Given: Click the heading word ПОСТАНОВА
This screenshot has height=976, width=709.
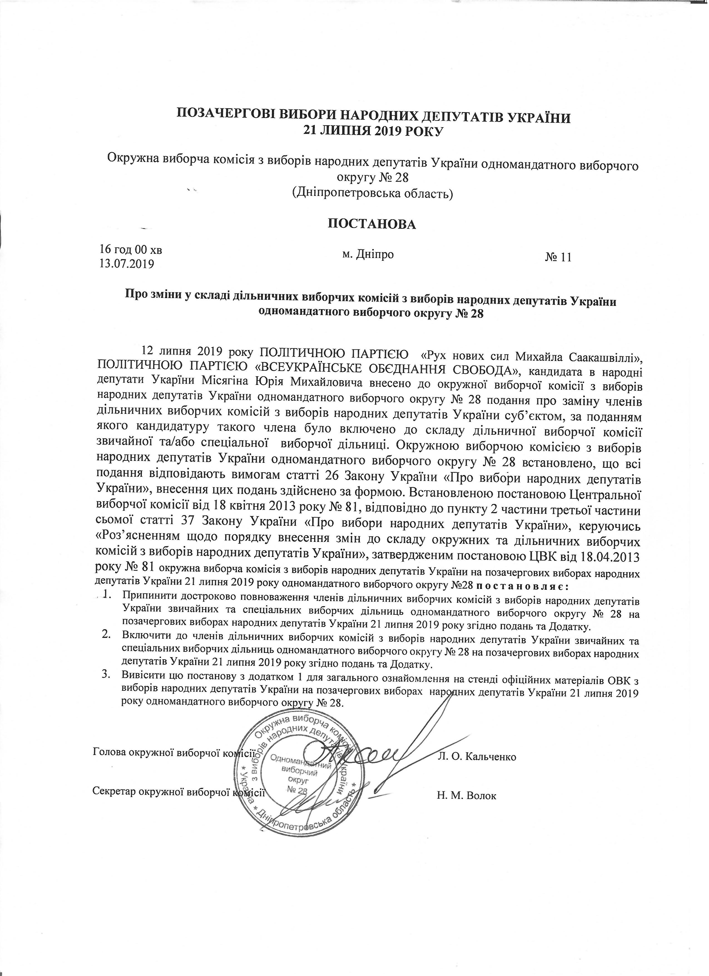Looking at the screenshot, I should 372,224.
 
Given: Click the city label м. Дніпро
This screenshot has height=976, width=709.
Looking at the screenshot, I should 368,254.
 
